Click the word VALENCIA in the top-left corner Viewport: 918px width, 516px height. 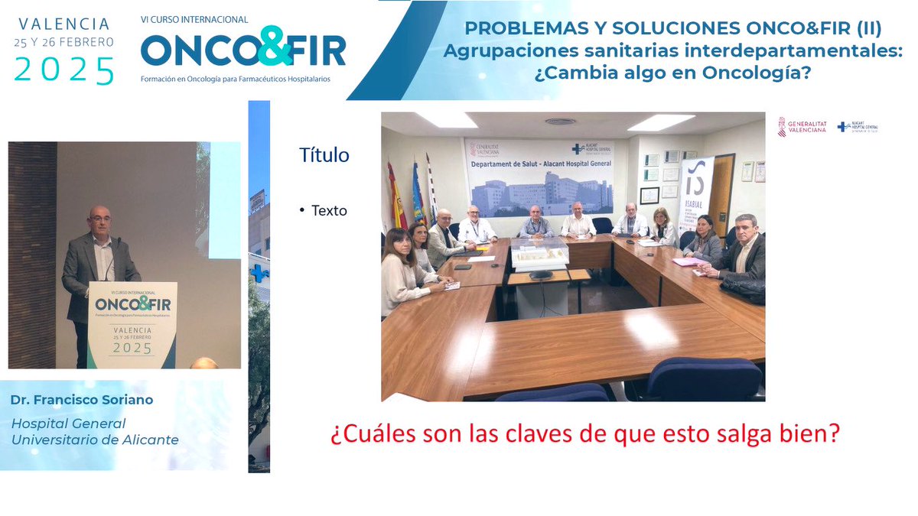click(x=64, y=24)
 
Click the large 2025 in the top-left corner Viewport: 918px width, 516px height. click(x=64, y=70)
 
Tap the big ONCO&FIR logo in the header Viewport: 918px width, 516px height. click(x=243, y=47)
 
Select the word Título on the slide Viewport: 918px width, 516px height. click(x=324, y=155)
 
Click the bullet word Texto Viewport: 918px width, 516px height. click(x=329, y=210)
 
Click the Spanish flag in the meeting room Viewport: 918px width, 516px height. click(x=396, y=195)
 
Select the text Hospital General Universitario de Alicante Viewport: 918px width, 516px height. click(x=95, y=431)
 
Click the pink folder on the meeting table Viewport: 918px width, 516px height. click(x=688, y=261)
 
